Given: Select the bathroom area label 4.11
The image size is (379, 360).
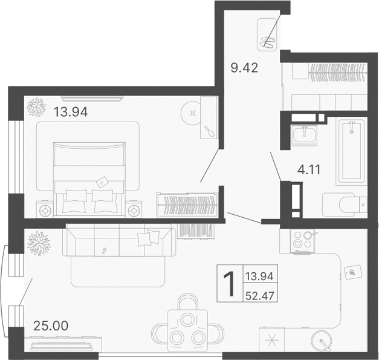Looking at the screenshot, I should pos(308,169).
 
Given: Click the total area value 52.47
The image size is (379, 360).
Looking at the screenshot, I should pos(259,296).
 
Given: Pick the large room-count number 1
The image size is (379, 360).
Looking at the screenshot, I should pos(229,285).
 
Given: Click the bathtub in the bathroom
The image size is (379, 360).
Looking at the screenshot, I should pos(351,151).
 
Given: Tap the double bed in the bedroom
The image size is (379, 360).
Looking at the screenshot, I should pos(89,176).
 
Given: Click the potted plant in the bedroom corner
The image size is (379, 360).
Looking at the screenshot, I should pos(36,108).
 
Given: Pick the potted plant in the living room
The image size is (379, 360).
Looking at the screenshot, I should pos(37,244).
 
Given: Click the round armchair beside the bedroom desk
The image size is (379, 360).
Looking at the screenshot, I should pos(193,113).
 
